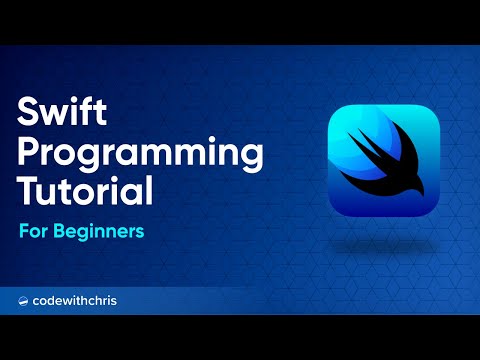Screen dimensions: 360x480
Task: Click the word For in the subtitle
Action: [32, 230]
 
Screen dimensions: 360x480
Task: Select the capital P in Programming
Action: [30, 152]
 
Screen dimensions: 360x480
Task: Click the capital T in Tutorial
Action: [29, 189]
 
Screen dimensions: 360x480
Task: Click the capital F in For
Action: [23, 230]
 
